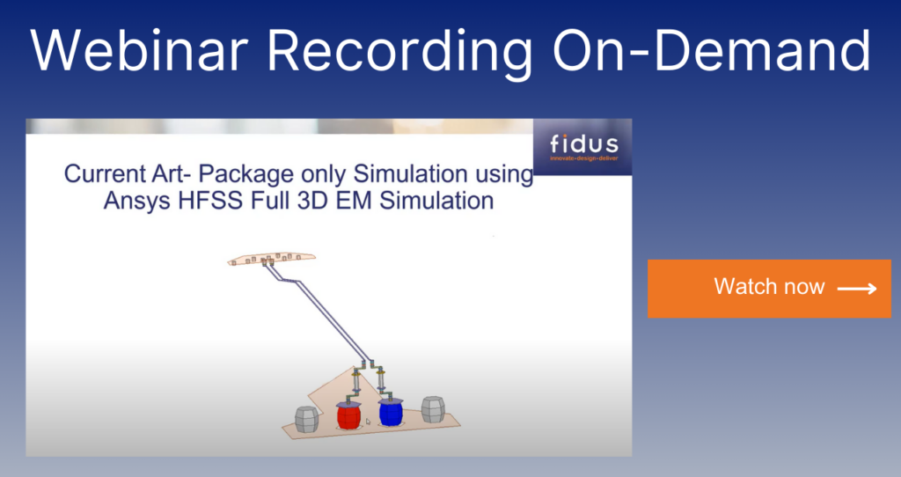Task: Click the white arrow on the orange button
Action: coord(856,289)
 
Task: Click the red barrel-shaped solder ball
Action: coord(349,414)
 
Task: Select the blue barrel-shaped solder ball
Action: coord(390,411)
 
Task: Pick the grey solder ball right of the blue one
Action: coord(433,409)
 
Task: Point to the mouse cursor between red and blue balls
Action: coord(369,422)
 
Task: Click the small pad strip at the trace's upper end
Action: coord(270,259)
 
